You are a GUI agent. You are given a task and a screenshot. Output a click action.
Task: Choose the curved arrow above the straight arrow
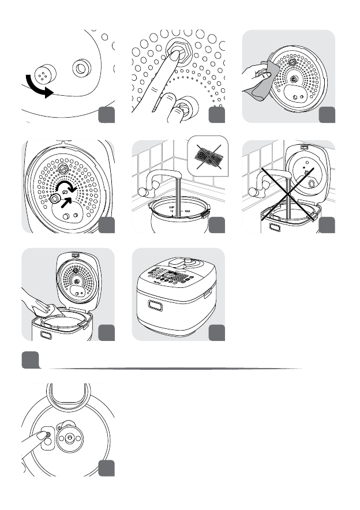coord(67,187)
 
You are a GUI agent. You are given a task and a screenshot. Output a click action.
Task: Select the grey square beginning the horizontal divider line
coord(30,360)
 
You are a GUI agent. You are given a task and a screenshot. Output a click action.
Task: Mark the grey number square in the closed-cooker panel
coord(216,332)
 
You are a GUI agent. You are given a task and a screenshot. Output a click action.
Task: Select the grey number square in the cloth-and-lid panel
coord(327,115)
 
